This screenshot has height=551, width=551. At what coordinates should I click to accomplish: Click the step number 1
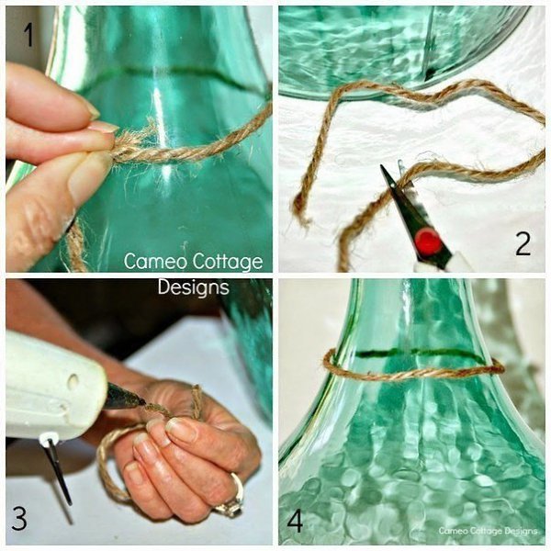[28, 35]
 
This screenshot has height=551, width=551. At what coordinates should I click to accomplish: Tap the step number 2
[523, 243]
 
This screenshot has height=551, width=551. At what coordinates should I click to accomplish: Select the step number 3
[19, 518]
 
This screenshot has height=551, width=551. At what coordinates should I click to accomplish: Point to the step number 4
[295, 521]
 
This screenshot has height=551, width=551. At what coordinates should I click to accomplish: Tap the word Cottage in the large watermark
[228, 262]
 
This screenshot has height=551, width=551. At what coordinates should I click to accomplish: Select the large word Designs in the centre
[193, 287]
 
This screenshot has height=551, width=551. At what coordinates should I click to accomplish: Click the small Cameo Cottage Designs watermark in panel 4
[488, 531]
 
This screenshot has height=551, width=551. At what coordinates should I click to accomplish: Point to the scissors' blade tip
[381, 166]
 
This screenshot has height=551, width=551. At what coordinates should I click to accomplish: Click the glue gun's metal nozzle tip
[141, 401]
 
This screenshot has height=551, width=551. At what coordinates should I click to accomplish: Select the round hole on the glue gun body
[73, 382]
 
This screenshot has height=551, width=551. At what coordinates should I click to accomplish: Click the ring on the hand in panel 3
[232, 497]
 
